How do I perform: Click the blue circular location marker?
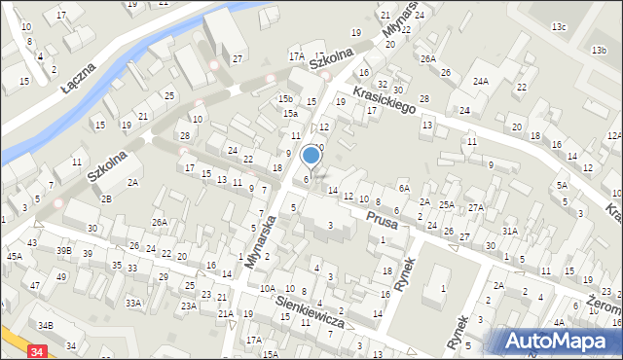point(311,155)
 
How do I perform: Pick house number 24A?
point(481,82)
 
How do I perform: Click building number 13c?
point(558,26)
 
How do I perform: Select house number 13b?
point(598,49)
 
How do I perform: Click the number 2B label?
point(107,198)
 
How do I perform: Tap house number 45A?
point(15,257)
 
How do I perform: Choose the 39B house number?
point(64,250)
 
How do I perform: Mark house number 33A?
point(133,303)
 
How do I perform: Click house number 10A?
point(267,289)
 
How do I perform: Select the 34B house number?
point(45,324)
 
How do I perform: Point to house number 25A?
point(446,204)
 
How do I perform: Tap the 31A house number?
point(509,231)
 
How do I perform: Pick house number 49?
point(61,276)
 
